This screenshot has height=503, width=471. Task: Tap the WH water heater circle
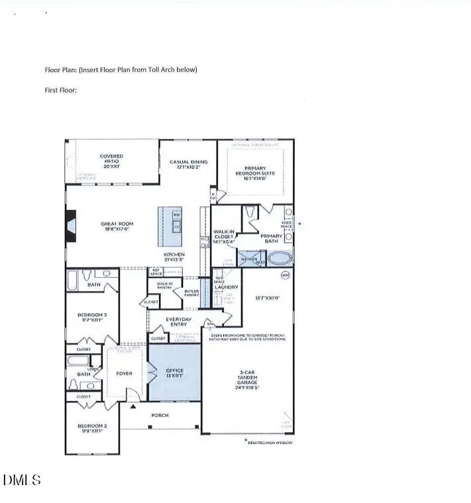point(286,274)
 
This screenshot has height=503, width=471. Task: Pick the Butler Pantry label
point(191,293)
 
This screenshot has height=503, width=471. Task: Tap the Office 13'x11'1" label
point(174,373)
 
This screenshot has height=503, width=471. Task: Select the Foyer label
point(124,373)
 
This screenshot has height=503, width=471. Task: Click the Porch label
point(160,415)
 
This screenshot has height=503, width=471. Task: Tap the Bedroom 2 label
point(91,428)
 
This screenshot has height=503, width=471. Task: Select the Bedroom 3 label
point(91,316)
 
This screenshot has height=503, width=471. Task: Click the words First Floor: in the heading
point(61,89)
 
